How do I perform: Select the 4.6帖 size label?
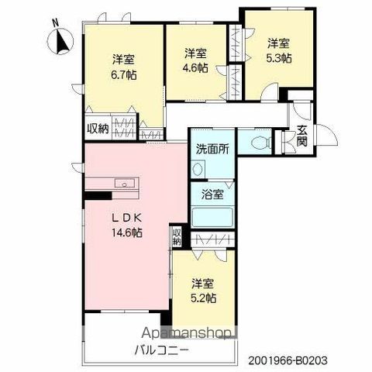tap(195, 67)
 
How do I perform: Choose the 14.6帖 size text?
tap(126, 232)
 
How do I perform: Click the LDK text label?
tap(126, 217)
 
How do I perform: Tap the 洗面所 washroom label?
tap(210, 149)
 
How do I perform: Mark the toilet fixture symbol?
tap(259, 143)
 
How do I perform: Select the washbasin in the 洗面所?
tap(197, 169)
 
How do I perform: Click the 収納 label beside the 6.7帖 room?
tap(98, 129)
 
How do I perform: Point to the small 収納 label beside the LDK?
tap(177, 236)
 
